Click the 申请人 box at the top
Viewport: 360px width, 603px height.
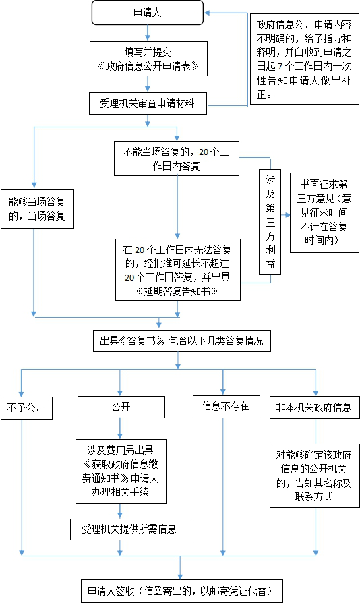point(147,12)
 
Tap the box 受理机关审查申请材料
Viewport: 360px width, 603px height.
point(147,104)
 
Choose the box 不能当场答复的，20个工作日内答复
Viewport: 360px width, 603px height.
point(177,158)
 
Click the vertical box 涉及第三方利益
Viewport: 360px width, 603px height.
point(270,221)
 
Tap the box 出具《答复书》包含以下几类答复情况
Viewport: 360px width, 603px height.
point(181,342)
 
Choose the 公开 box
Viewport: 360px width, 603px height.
point(121,407)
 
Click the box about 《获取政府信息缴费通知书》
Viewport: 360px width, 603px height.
point(121,470)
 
